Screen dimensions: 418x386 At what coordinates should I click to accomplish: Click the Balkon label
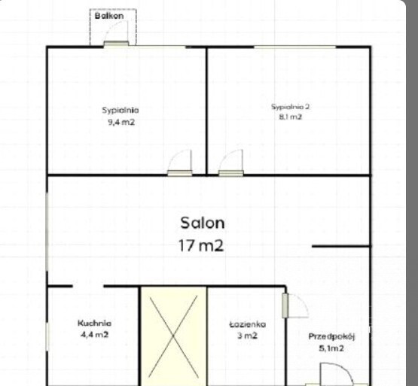(109, 16)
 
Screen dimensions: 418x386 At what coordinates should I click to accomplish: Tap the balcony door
(116, 43)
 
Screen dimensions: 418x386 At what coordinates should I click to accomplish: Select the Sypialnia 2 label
(290, 107)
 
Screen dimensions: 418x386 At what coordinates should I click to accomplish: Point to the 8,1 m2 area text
(290, 117)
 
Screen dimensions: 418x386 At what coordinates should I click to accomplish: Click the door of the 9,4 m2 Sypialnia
(180, 173)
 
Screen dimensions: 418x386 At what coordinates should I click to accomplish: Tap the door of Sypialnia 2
(231, 173)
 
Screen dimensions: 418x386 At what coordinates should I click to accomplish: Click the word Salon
(203, 223)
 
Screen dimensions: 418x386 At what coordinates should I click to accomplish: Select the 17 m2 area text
(201, 245)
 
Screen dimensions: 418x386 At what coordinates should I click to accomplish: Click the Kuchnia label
(94, 323)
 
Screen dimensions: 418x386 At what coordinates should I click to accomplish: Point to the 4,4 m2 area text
(95, 334)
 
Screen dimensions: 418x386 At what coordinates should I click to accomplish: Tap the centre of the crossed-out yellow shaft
(173, 336)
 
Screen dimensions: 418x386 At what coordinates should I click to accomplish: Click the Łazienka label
(248, 324)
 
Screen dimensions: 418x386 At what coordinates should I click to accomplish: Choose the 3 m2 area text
(247, 336)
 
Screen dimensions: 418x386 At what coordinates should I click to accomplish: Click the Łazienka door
(285, 305)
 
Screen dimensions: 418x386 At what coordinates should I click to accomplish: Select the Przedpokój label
(331, 337)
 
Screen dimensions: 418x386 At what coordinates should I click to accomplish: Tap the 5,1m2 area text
(331, 348)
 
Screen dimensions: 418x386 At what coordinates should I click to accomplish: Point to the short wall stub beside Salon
(340, 246)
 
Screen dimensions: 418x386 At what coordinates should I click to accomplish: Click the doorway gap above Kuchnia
(88, 286)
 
